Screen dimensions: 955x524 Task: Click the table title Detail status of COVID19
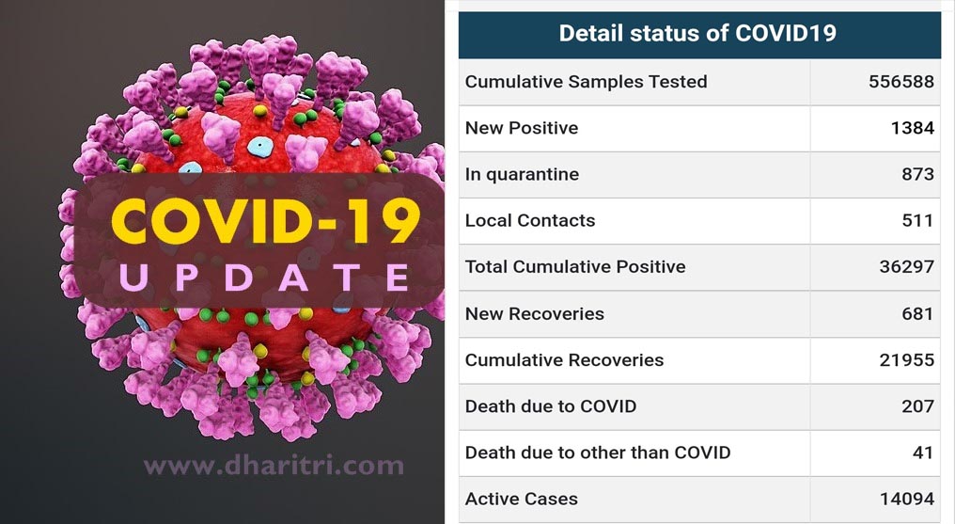click(x=697, y=33)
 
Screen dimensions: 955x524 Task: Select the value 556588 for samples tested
click(x=901, y=82)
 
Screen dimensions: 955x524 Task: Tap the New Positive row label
click(x=522, y=128)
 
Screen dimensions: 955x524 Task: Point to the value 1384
click(x=913, y=128)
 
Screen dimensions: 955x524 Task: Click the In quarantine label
click(x=522, y=174)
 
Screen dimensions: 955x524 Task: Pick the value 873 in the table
click(x=917, y=174)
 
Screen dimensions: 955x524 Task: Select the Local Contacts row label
click(x=530, y=220)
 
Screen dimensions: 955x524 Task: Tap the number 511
click(x=917, y=220)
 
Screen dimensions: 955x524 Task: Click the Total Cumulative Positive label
click(x=575, y=267)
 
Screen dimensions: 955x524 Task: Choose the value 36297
click(x=907, y=267)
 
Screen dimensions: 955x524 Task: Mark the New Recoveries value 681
click(x=917, y=314)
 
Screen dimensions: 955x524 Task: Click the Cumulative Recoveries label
click(x=565, y=360)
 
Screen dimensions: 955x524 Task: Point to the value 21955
click(x=907, y=360)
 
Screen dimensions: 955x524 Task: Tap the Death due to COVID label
click(x=551, y=406)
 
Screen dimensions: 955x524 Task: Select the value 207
click(x=917, y=406)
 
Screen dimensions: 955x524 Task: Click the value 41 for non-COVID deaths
click(x=923, y=453)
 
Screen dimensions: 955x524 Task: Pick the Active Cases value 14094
click(x=907, y=499)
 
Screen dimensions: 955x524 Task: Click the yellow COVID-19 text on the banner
click(x=266, y=221)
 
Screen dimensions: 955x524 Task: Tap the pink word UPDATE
click(x=265, y=278)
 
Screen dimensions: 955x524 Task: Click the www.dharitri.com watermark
click(x=274, y=466)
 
